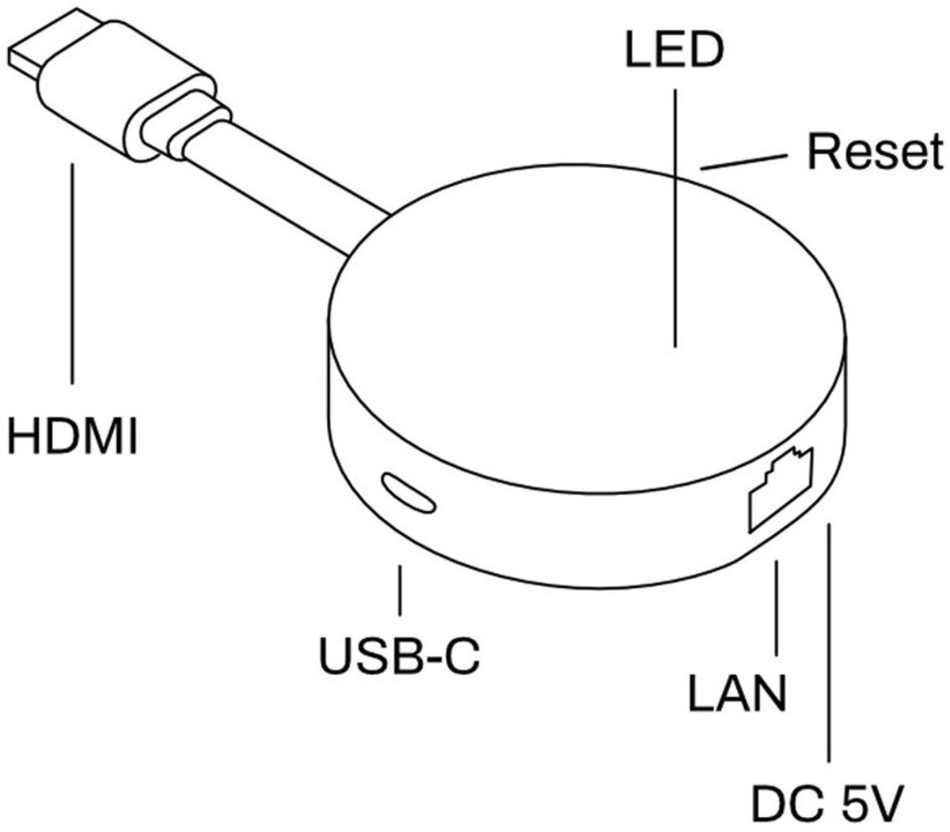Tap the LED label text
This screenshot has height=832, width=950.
(x=674, y=50)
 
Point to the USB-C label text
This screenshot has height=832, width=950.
(x=399, y=655)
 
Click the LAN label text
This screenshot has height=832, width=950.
(x=737, y=693)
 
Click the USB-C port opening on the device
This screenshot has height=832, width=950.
(x=408, y=492)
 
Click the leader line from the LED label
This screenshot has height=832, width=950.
(x=675, y=214)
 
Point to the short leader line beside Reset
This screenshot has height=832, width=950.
(x=744, y=162)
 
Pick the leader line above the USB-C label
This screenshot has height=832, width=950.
(x=401, y=590)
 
